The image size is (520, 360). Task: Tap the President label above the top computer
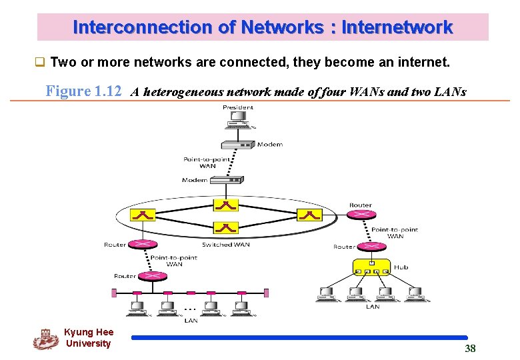click(238, 107)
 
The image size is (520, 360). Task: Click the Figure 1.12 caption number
click(83, 91)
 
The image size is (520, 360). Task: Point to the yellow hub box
click(372, 267)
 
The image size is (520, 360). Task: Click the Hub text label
click(401, 267)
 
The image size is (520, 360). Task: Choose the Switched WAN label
click(226, 245)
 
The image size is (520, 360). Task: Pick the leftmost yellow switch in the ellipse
click(143, 215)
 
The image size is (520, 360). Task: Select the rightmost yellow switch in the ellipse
click(310, 215)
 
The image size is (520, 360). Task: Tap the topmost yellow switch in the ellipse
click(226, 205)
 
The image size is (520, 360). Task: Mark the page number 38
click(470, 349)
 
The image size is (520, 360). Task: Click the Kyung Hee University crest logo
click(45, 339)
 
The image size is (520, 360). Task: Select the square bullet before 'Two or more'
click(40, 63)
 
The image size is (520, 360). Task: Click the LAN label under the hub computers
click(373, 307)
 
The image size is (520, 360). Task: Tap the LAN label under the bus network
click(191, 321)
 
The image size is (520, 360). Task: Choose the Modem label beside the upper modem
click(270, 145)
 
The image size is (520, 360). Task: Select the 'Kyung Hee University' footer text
click(89, 338)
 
